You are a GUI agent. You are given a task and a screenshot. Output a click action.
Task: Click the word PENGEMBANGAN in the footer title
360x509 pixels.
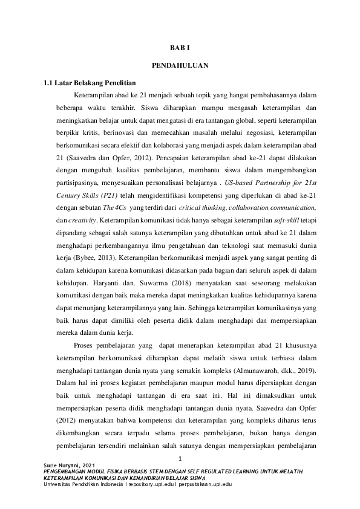coord(61,471)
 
